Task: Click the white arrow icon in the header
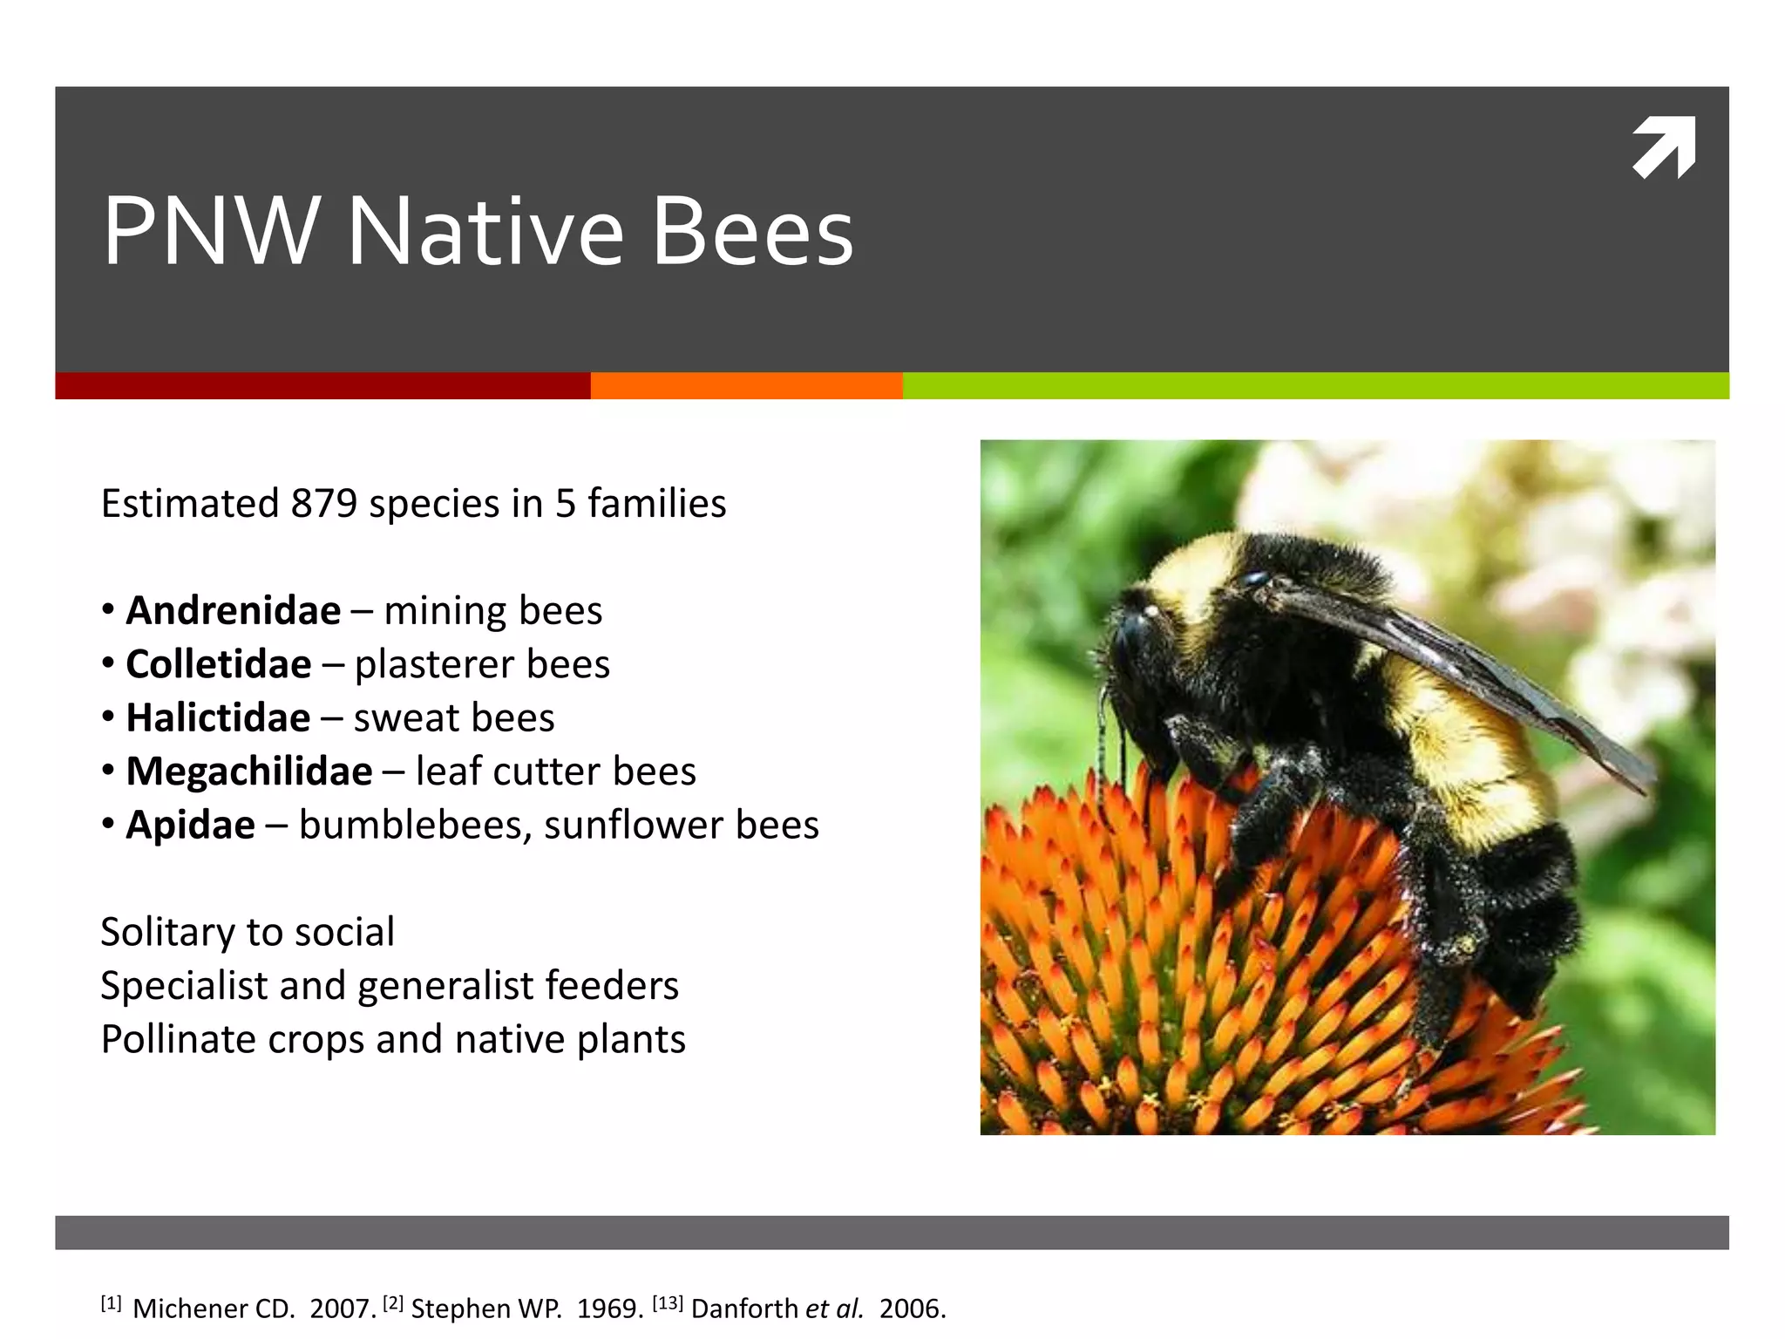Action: (x=1664, y=147)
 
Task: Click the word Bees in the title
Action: (x=752, y=232)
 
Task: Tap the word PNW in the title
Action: (x=210, y=232)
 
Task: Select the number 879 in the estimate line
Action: (x=324, y=504)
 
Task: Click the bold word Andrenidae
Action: (x=234, y=610)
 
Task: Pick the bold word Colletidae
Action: (x=219, y=664)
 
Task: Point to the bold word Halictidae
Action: (x=218, y=718)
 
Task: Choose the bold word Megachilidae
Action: (x=249, y=771)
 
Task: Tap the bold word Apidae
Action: (x=191, y=826)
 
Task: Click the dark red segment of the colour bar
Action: (x=322, y=385)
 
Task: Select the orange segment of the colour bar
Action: (x=746, y=385)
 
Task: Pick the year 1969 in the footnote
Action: (x=609, y=1308)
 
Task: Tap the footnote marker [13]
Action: (x=668, y=1304)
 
